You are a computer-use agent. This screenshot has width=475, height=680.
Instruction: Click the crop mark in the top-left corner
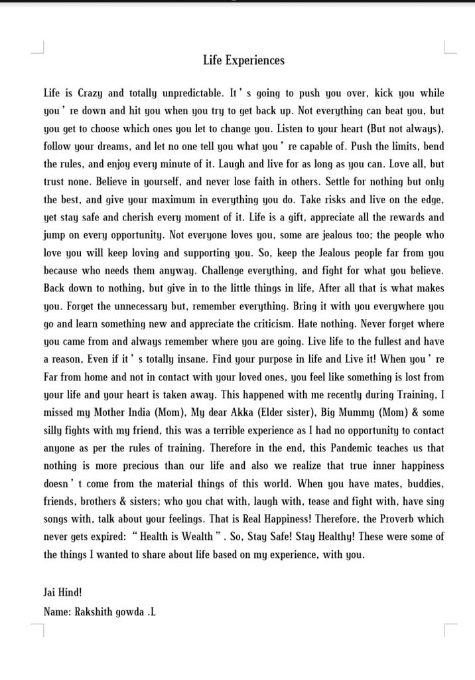point(38,48)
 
